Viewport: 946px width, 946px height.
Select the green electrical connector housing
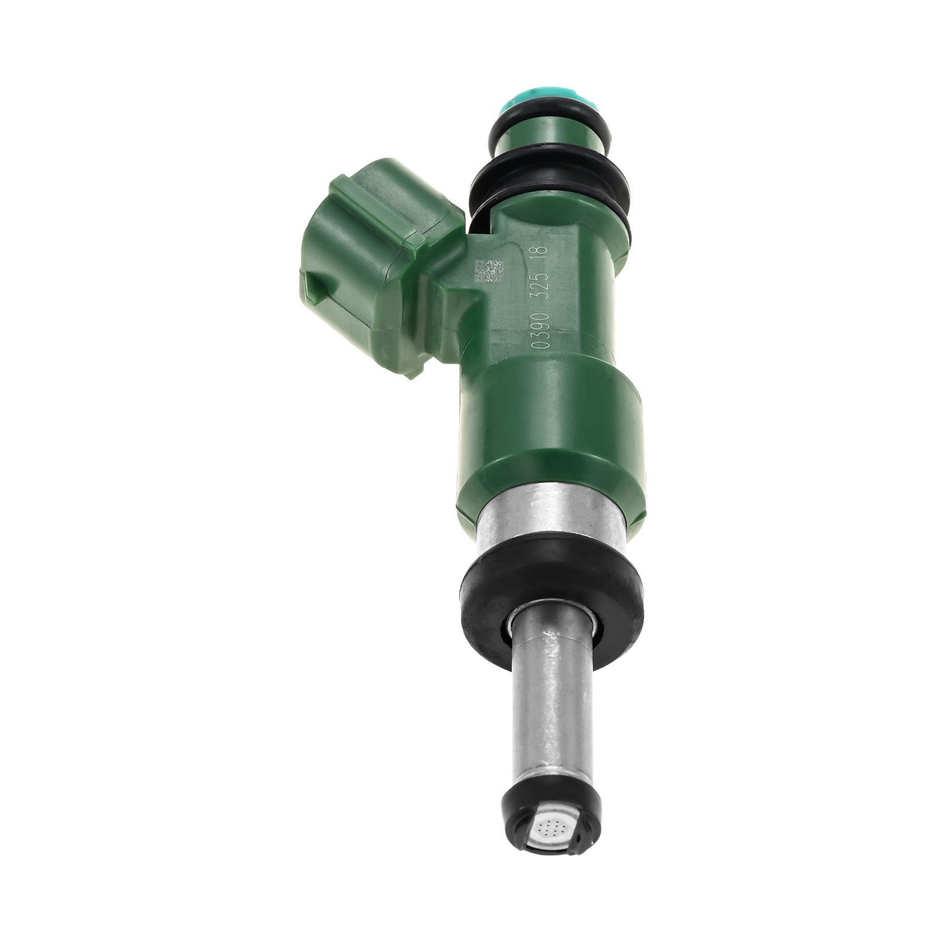click(378, 272)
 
